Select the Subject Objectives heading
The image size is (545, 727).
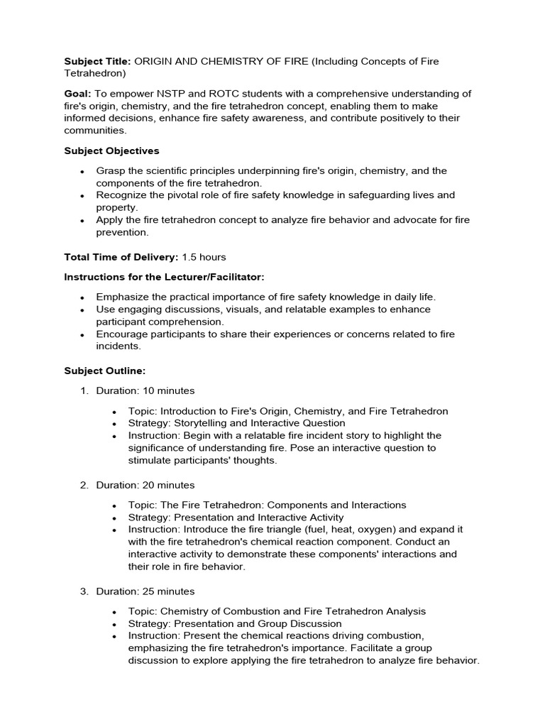coord(111,151)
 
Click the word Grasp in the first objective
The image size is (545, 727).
coord(111,171)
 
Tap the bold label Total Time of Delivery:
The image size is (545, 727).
coord(121,256)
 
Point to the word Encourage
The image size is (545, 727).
coord(122,334)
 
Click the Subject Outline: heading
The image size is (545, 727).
coord(105,371)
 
